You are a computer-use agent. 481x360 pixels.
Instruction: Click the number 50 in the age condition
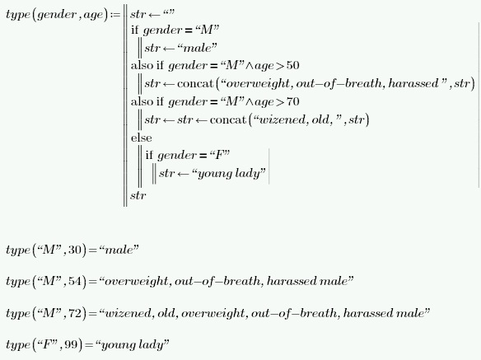click(292, 65)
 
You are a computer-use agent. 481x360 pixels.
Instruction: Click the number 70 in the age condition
click(292, 101)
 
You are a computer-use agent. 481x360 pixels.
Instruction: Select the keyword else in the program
click(142, 138)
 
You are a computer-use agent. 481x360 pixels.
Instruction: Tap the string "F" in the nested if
click(220, 155)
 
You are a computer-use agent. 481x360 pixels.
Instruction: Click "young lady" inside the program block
click(228, 174)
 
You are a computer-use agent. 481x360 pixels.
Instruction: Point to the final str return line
click(138, 195)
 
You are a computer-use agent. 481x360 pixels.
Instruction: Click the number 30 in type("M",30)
click(75, 250)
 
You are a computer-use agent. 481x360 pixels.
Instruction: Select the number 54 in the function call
click(75, 281)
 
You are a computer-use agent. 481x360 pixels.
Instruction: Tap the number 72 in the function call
click(75, 313)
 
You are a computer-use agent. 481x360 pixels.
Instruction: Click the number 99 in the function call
click(71, 344)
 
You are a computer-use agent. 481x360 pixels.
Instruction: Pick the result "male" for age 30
click(119, 250)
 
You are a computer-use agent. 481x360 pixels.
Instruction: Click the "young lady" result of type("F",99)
click(133, 345)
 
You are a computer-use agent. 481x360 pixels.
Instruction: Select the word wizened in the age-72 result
click(128, 313)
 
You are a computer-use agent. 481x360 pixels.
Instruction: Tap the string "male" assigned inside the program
click(197, 48)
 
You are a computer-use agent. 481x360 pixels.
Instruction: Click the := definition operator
click(115, 15)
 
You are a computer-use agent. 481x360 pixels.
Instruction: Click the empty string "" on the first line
click(169, 13)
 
